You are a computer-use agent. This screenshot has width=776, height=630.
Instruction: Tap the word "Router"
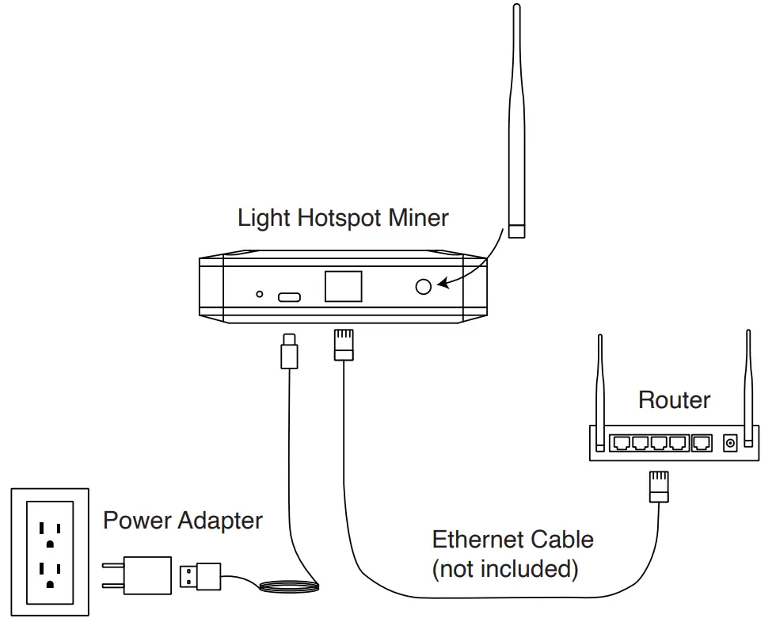click(x=674, y=399)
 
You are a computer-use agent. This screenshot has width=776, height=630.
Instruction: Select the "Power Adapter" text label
click(x=183, y=521)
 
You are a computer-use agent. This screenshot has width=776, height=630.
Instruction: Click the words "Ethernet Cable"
click(x=512, y=540)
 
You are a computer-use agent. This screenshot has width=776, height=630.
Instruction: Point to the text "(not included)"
click(x=505, y=568)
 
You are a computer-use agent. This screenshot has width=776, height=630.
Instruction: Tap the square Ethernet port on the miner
click(x=343, y=287)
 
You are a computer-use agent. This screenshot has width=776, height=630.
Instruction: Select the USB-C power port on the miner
click(x=289, y=298)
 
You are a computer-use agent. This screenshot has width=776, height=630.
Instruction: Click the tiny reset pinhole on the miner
click(x=259, y=295)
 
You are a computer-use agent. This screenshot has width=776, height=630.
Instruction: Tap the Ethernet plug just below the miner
click(x=343, y=344)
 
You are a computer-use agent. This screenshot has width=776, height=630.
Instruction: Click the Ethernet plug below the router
click(x=659, y=487)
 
